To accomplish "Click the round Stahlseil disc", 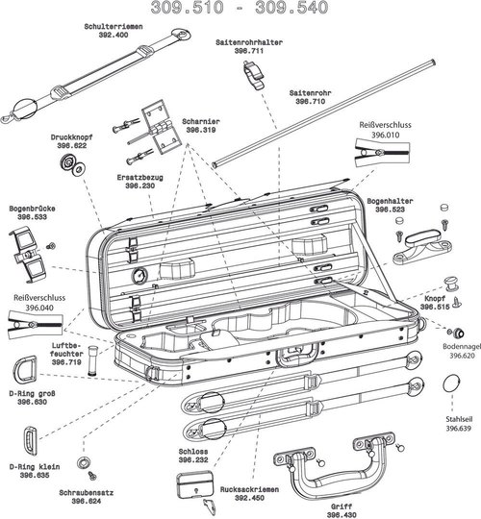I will point(450,385).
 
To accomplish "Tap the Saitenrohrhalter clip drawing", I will point(254,72).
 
